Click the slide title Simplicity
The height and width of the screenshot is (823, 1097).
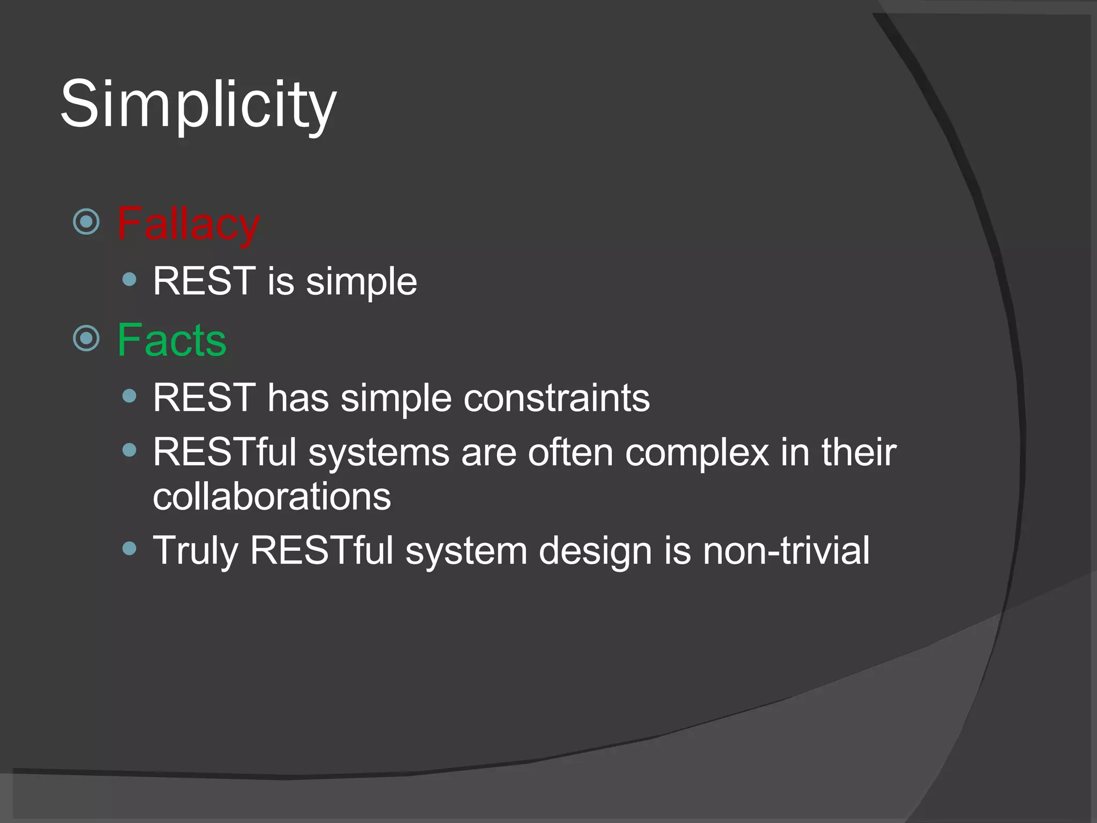click(x=198, y=104)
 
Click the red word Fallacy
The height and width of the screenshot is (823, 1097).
click(x=188, y=224)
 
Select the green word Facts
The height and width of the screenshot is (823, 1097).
click(x=171, y=340)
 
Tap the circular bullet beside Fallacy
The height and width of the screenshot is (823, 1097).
click(x=86, y=222)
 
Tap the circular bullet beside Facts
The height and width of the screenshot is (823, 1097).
click(x=86, y=338)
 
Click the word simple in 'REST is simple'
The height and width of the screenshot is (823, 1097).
click(x=361, y=282)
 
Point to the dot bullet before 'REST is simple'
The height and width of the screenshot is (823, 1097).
click(x=129, y=279)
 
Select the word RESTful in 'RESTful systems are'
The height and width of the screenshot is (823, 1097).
click(x=224, y=452)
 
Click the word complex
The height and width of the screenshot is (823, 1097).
click(x=697, y=453)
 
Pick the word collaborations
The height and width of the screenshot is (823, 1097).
click(x=272, y=496)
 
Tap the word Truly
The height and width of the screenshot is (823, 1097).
click(x=195, y=551)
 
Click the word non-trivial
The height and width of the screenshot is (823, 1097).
click(x=786, y=551)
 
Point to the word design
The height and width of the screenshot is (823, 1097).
click(x=595, y=551)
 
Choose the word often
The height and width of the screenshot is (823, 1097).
click(x=570, y=452)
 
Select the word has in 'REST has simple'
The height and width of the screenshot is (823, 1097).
click(x=298, y=398)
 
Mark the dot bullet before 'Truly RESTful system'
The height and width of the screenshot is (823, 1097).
click(x=129, y=548)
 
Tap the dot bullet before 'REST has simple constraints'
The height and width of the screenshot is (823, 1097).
click(x=129, y=396)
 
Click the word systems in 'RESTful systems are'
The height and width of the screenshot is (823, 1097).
click(x=378, y=453)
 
